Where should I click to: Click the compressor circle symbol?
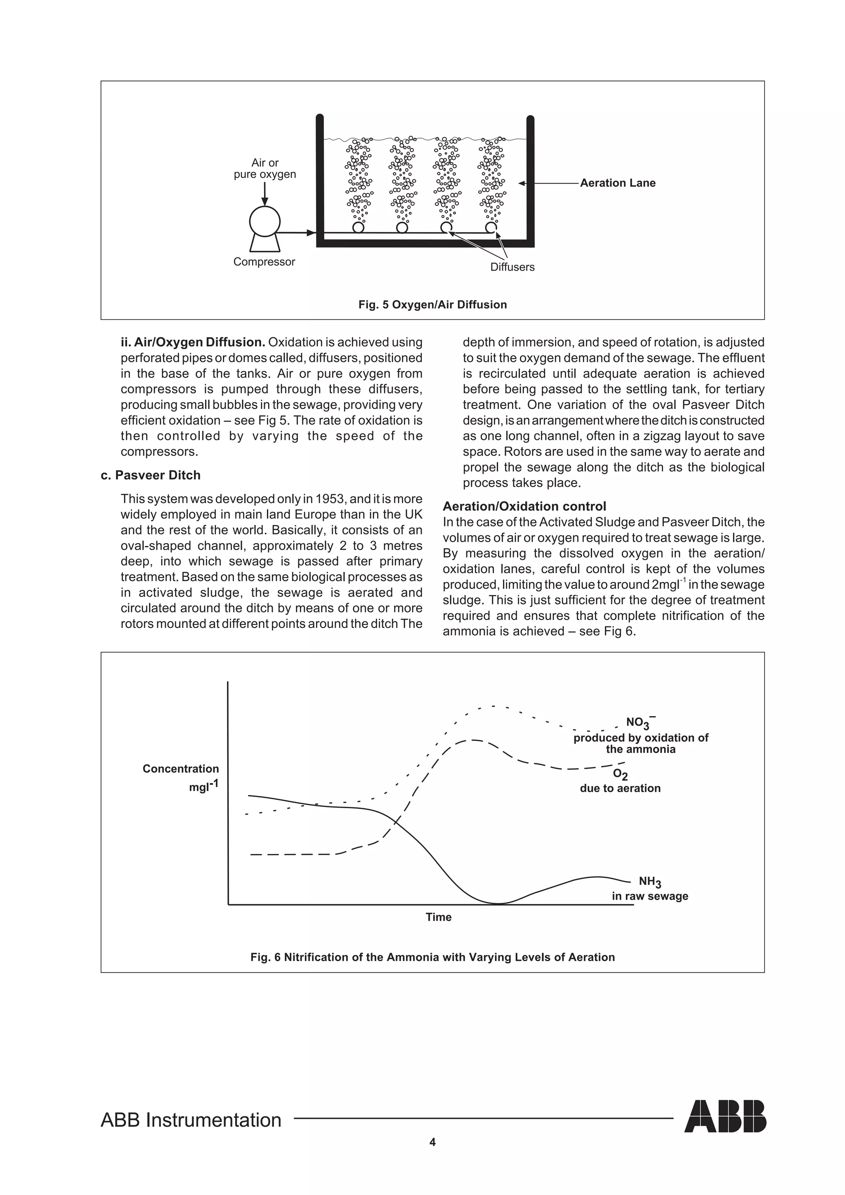tap(264, 221)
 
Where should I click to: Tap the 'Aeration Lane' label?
tap(618, 183)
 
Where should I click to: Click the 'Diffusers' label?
tap(512, 267)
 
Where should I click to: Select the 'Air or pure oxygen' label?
tap(264, 169)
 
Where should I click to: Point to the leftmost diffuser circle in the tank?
tap(358, 228)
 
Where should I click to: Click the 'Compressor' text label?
tap(264, 262)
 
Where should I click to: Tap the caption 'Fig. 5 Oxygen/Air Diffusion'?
tap(432, 304)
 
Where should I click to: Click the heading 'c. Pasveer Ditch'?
tap(151, 475)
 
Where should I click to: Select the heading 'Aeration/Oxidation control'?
tap(524, 506)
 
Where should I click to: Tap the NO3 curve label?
tap(639, 722)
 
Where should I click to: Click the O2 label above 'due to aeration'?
tap(620, 774)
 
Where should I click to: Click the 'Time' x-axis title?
tap(438, 917)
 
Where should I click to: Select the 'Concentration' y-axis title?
tap(181, 769)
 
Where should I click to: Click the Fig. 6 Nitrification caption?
tap(432, 957)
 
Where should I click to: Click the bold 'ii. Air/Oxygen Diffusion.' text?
tap(193, 343)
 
